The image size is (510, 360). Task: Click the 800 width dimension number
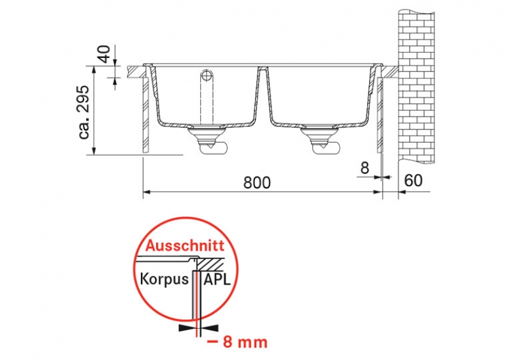tap(257, 183)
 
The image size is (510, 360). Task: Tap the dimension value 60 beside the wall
tap(413, 180)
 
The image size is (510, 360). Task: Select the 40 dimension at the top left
tap(105, 54)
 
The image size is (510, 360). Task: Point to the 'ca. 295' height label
tap(84, 113)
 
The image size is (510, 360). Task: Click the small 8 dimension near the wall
tap(365, 168)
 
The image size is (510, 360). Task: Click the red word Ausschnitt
tap(185, 245)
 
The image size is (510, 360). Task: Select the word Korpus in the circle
tap(164, 279)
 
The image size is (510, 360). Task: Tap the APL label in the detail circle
tap(217, 279)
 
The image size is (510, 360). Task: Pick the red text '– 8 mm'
tap(237, 342)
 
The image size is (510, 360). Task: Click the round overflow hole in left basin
tap(206, 76)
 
